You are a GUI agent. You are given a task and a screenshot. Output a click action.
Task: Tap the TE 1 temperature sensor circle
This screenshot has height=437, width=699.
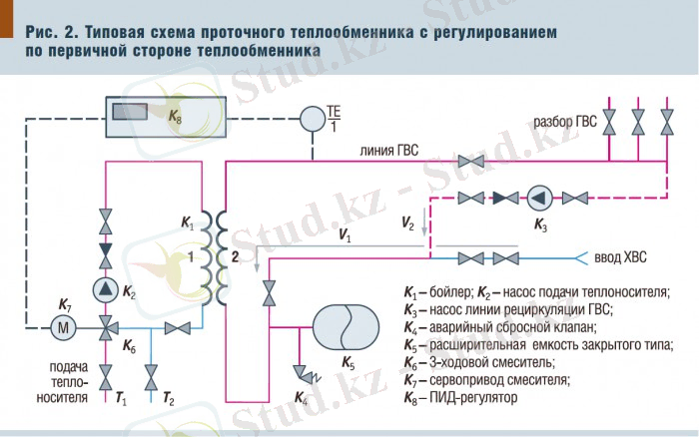(x=314, y=118)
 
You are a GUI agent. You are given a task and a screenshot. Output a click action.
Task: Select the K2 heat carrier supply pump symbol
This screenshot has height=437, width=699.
(x=106, y=289)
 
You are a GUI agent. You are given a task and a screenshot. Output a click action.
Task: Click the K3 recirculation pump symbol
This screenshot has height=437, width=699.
(x=539, y=197)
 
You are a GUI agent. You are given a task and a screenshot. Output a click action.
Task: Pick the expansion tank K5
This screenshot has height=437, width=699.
(x=346, y=325)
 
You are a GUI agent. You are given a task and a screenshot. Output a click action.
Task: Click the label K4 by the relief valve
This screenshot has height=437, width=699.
(x=303, y=398)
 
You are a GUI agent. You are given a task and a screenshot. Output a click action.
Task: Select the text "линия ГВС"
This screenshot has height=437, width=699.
(x=389, y=151)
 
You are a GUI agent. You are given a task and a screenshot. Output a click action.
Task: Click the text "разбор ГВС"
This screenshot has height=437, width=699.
(x=564, y=123)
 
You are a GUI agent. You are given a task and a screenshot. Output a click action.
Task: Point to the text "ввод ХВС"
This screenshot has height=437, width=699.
(x=621, y=257)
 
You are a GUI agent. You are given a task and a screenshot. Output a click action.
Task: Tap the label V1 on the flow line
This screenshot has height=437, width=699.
(x=345, y=236)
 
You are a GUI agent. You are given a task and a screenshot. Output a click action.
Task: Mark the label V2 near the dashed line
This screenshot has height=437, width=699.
(x=406, y=221)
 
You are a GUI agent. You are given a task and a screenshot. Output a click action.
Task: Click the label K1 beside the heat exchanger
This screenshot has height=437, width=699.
(x=189, y=223)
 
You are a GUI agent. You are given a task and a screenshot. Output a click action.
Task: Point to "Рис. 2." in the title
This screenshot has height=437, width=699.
(x=52, y=33)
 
